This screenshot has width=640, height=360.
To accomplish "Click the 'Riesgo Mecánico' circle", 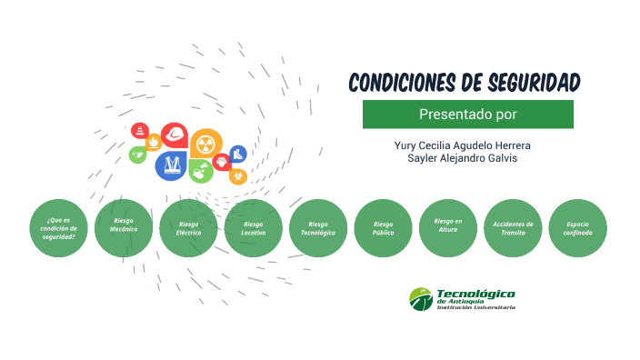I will click(124, 228).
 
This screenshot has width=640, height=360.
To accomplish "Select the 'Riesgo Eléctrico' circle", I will click(189, 228).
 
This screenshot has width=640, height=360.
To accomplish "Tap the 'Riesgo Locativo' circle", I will click(254, 228).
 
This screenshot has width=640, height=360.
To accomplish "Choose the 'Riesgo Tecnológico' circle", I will click(318, 228).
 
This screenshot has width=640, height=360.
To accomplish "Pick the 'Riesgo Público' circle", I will click(383, 228).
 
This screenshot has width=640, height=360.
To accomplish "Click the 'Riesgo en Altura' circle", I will click(448, 227).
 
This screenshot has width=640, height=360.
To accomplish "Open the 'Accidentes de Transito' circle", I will click(513, 228).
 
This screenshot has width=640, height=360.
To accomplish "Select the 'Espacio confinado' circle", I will click(578, 228).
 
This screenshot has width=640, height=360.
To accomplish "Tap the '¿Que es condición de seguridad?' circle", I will click(59, 228).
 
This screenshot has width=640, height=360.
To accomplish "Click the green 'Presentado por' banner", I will click(467, 115).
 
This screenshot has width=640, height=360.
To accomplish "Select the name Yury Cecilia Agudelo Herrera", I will click(463, 145).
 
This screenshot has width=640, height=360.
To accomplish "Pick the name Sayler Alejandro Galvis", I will click(463, 158).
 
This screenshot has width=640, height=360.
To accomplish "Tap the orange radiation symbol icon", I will click(205, 143).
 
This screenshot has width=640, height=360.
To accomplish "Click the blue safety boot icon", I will click(237, 154).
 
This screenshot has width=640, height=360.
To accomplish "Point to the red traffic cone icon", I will click(139, 130).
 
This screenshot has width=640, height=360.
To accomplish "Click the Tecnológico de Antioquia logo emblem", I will click(421, 298).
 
